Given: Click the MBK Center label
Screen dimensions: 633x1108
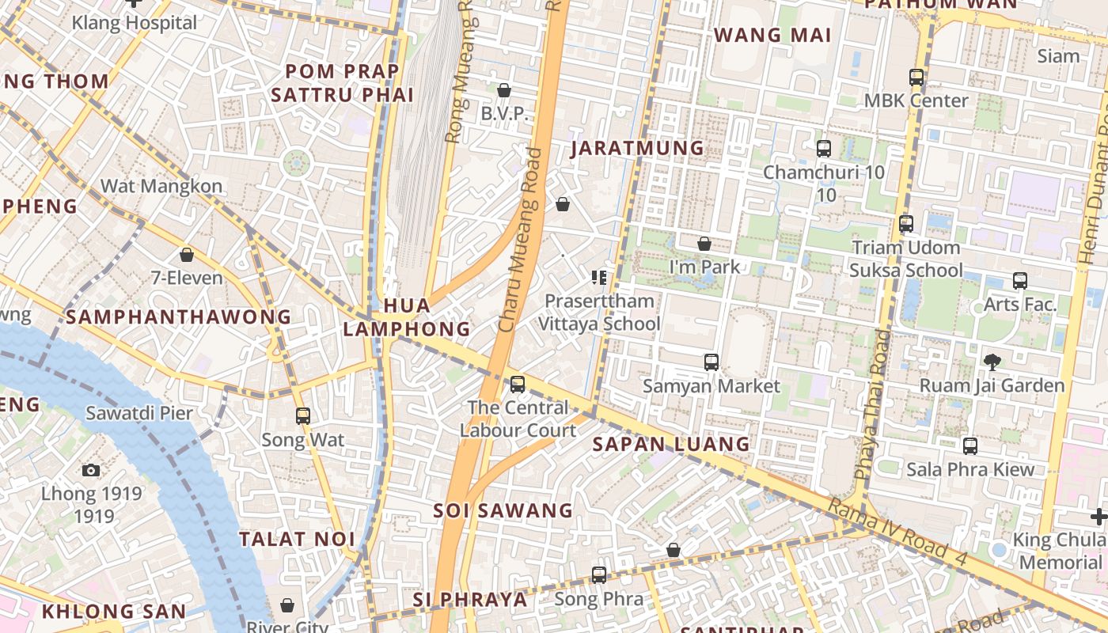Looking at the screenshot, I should (916, 100).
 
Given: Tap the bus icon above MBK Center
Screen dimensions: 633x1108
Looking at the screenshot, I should (916, 78).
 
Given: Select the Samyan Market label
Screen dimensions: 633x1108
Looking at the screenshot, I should (711, 386).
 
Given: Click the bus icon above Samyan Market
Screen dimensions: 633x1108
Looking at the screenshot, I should (711, 362).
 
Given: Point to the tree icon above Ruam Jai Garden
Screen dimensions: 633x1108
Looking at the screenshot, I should (992, 362).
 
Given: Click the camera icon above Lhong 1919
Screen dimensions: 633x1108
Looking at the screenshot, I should (91, 470).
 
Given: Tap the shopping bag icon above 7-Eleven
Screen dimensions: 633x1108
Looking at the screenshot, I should (187, 255).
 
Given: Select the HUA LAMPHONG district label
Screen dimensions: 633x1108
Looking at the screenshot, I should (407, 316).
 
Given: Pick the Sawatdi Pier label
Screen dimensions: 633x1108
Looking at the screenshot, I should (139, 413).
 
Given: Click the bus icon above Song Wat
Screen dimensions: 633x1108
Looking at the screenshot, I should (302, 416).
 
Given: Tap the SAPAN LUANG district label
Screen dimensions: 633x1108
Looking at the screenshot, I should (671, 444).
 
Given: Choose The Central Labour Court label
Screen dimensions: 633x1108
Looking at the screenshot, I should (518, 419).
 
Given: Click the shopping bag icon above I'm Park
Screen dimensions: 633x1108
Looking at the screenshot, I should (704, 244).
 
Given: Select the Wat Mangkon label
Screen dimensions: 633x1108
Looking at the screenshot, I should (161, 187).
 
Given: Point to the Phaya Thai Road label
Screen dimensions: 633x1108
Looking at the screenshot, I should (872, 404).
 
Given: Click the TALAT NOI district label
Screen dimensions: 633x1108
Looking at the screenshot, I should (298, 539).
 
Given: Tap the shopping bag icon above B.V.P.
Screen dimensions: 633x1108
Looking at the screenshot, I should (503, 91).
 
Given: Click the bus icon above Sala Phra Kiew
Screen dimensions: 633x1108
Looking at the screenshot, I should (970, 446).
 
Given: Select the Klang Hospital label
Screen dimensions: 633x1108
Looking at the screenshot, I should (135, 22).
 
